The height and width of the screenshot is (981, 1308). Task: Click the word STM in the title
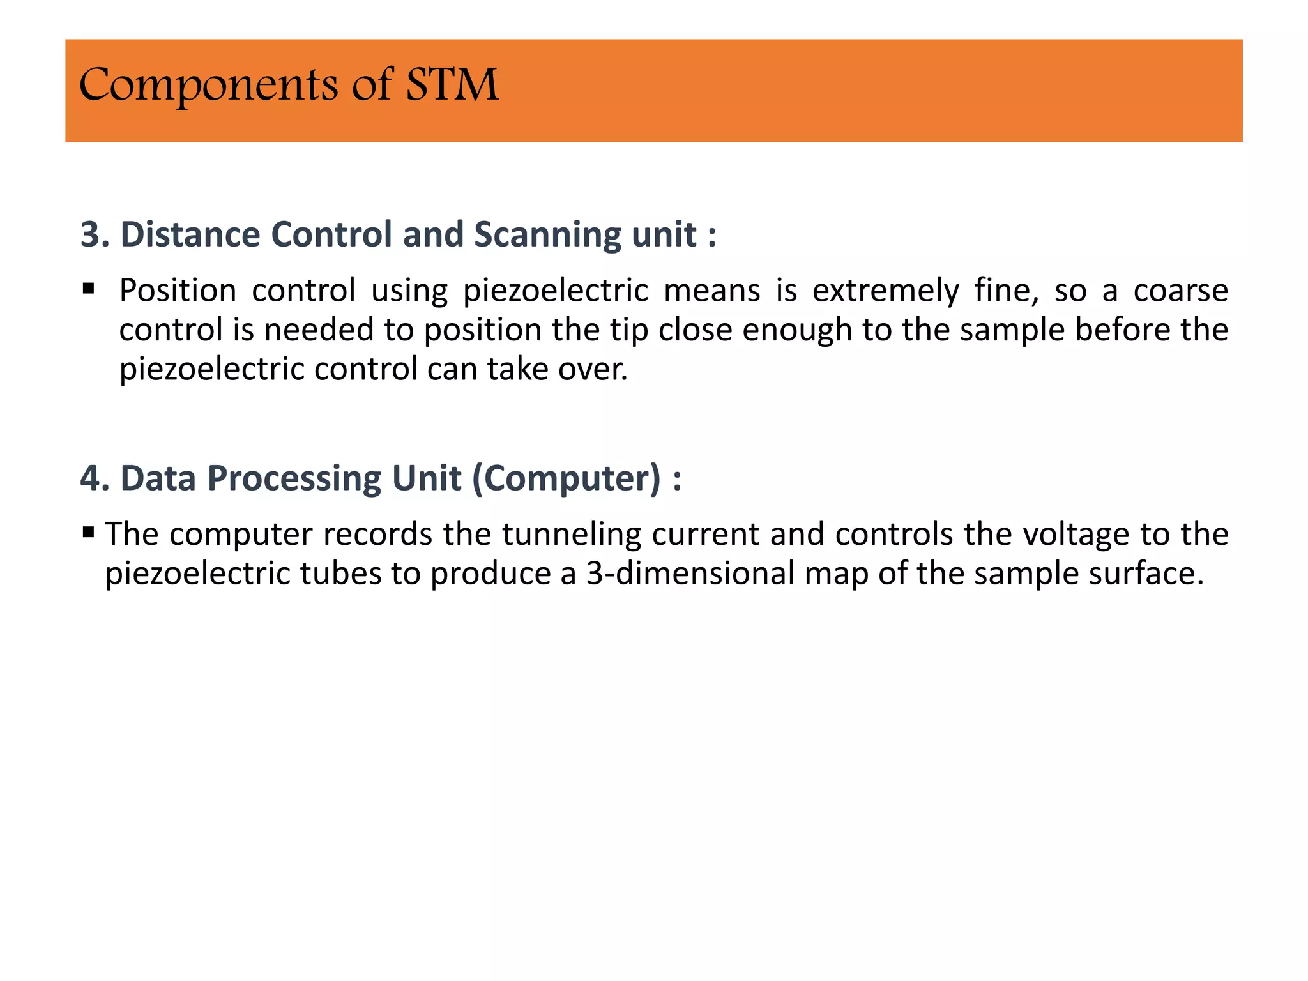tap(452, 85)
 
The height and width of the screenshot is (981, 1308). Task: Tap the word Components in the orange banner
tap(208, 86)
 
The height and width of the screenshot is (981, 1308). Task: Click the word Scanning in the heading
tap(548, 234)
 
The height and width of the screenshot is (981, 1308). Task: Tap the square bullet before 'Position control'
tap(89, 289)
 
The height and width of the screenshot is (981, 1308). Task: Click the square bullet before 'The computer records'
tap(89, 531)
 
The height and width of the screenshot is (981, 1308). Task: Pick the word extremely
tap(885, 291)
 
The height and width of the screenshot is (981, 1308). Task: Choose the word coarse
tap(1180, 291)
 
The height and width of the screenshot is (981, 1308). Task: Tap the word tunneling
tap(571, 535)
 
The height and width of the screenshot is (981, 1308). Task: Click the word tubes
tap(339, 574)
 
